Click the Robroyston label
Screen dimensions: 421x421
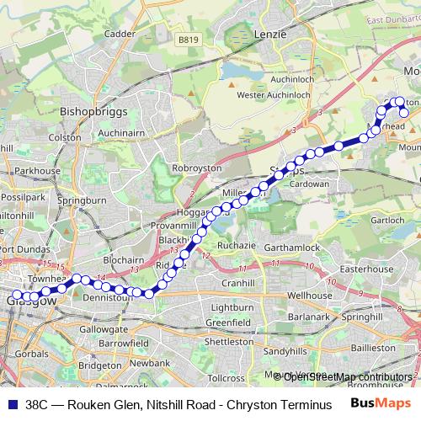click(x=196, y=168)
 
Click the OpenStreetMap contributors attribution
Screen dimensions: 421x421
click(x=346, y=376)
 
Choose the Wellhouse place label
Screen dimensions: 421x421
click(x=310, y=296)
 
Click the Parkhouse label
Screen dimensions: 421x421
click(x=34, y=170)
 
